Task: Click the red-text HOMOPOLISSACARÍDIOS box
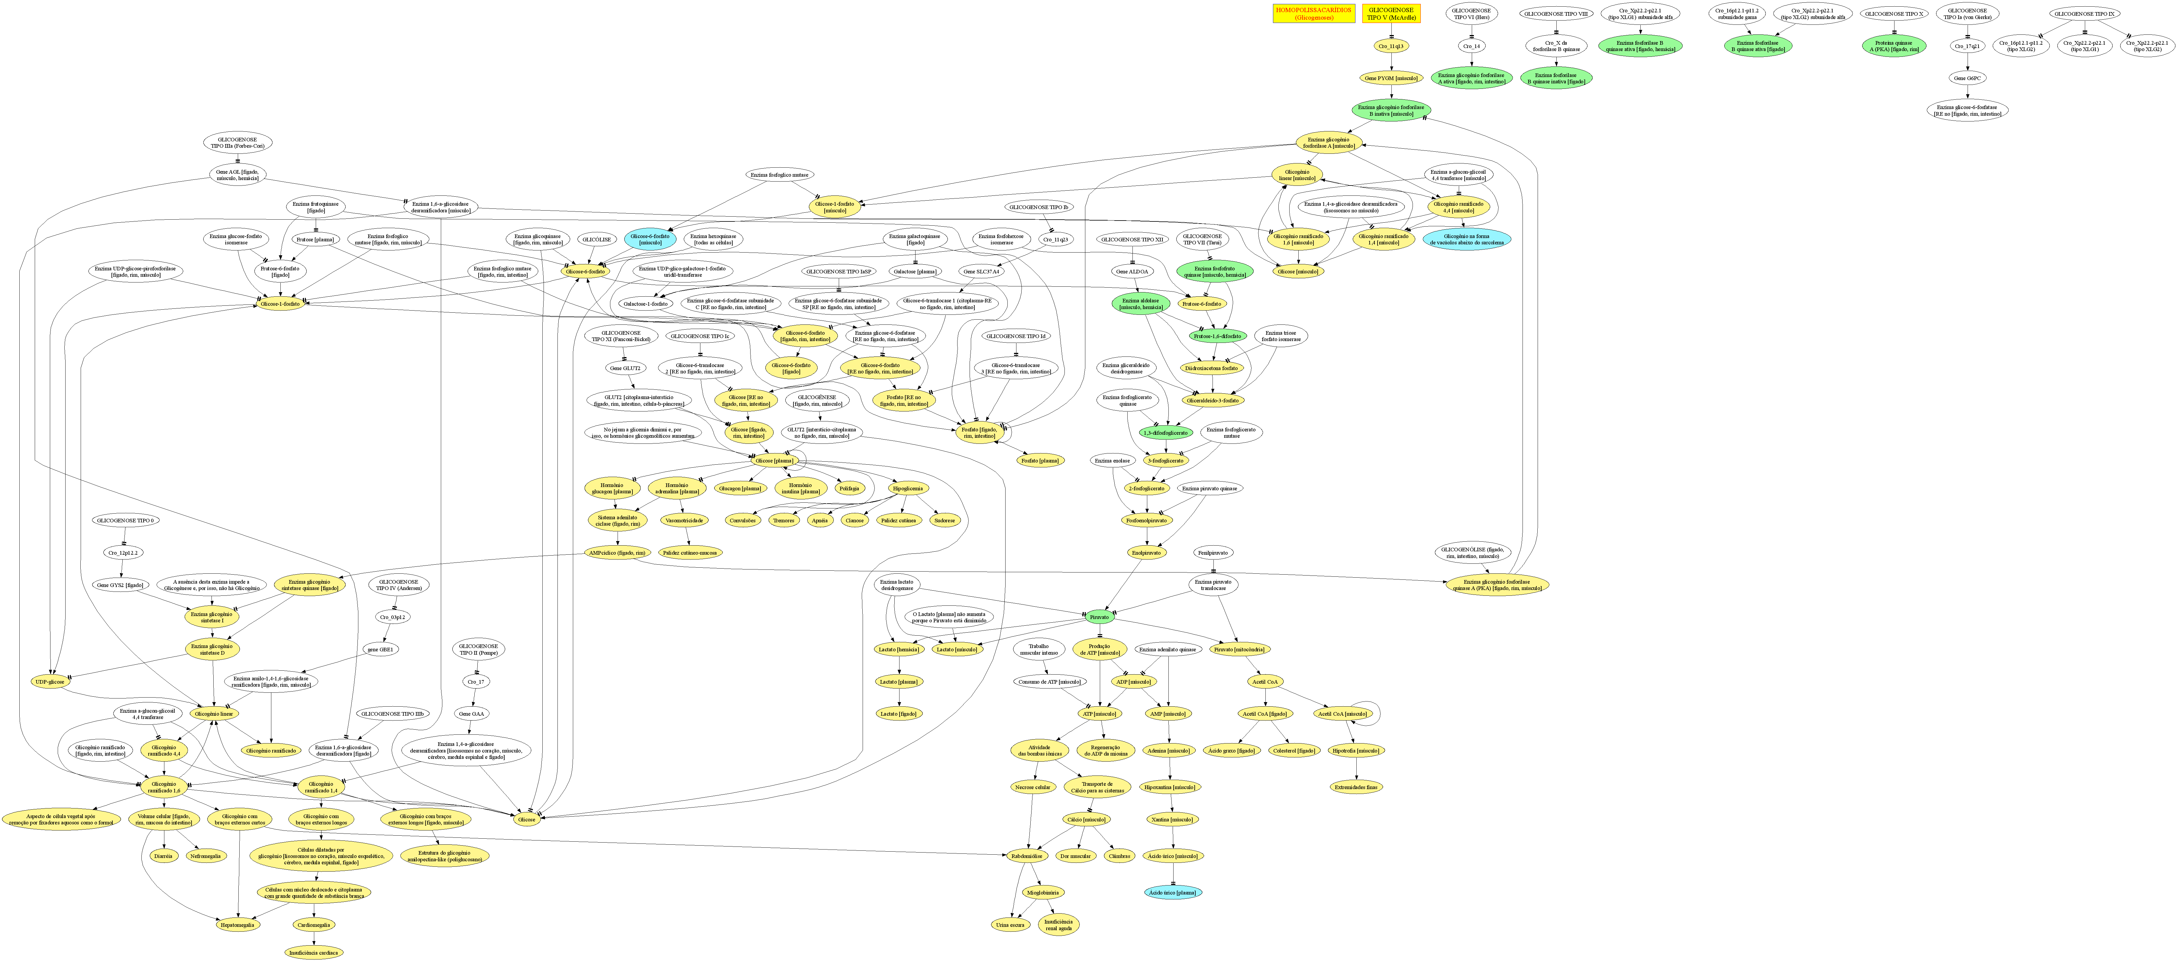[1313, 14]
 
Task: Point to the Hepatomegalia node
[239, 925]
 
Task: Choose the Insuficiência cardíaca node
[314, 953]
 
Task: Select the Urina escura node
[1011, 925]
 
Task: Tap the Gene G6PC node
[1967, 78]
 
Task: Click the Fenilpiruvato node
[1213, 553]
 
